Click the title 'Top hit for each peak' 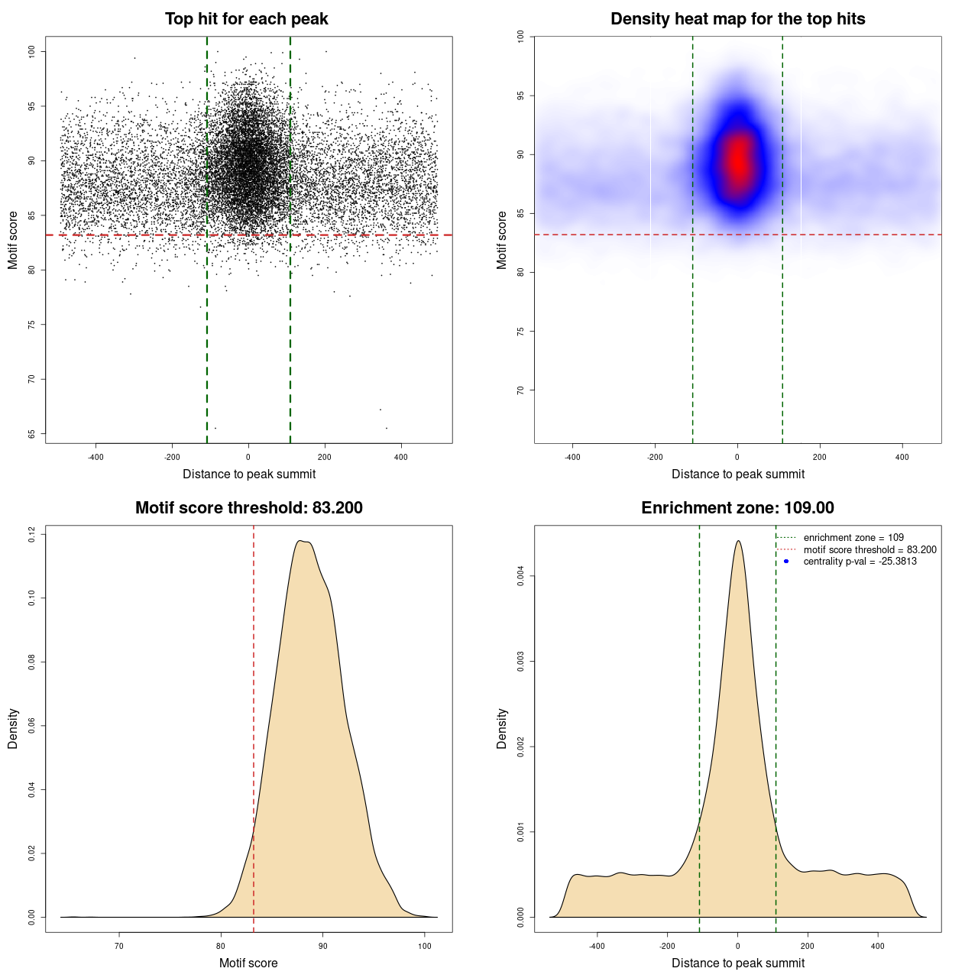246,19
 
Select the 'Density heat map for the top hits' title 737,19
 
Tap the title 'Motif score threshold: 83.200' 248,508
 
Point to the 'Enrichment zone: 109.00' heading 737,508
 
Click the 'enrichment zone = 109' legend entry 853,538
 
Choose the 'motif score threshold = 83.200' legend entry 870,550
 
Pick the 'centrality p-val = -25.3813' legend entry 860,562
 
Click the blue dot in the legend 786,562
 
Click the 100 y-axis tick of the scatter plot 31,51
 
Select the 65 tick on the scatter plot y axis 31,434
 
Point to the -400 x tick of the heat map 572,457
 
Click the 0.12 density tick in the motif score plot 31,534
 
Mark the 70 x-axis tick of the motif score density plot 119,946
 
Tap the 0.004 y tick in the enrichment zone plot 520,576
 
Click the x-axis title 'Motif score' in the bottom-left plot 248,963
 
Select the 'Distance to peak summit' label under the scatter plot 249,474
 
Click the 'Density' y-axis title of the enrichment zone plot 502,728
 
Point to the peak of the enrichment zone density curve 738,541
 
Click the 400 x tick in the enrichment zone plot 878,946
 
